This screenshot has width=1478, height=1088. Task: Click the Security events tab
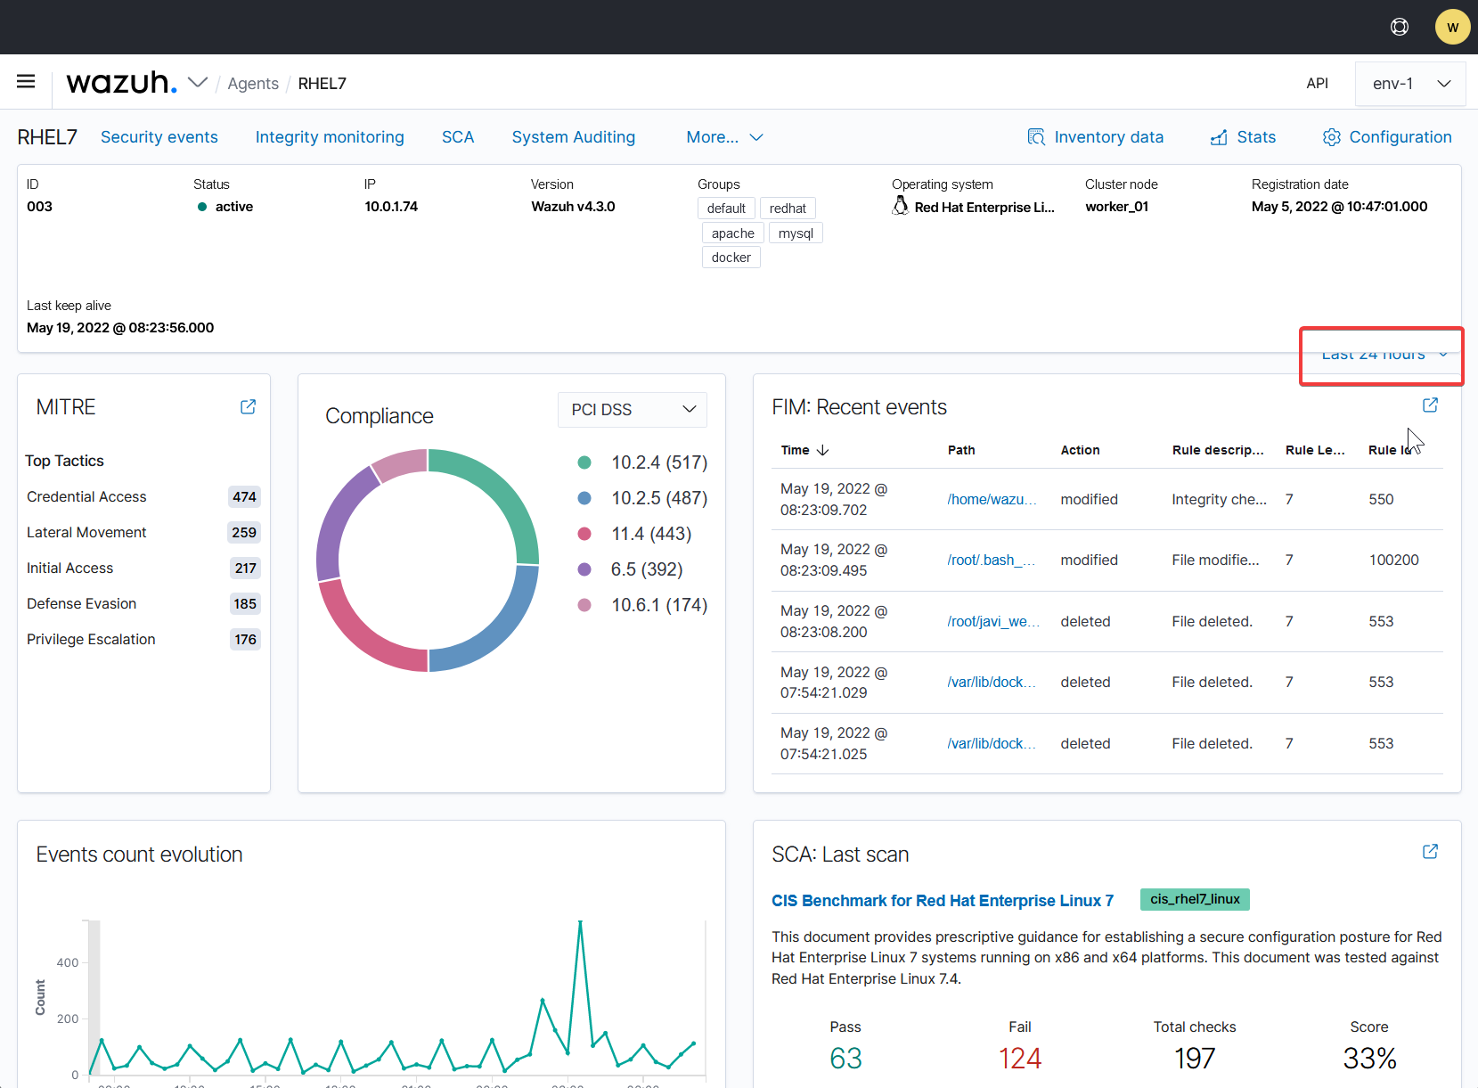[x=159, y=137]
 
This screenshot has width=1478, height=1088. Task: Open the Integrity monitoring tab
[x=330, y=137]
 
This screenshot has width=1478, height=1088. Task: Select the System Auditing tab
[x=573, y=137]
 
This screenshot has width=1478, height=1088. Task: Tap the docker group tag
[x=731, y=258]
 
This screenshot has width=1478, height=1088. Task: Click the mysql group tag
[x=795, y=233]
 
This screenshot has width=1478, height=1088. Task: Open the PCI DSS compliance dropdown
[x=633, y=409]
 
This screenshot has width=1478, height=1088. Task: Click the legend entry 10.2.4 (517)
[x=658, y=462]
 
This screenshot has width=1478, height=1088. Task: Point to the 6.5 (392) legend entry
[x=646, y=569]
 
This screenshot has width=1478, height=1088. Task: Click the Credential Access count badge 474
[x=244, y=497]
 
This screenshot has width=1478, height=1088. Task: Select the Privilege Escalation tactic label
[x=91, y=640]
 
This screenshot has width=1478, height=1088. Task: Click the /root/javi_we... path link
[x=992, y=622]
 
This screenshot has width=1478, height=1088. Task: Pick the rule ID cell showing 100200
[x=1393, y=560]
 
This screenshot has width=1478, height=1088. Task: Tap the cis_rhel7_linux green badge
[x=1194, y=900]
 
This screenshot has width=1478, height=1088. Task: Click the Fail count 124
[x=1019, y=1059]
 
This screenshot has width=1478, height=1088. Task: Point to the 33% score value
[x=1368, y=1059]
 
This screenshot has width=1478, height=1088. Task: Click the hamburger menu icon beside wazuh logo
[x=26, y=82]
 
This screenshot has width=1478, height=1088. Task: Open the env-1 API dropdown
[x=1410, y=84]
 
